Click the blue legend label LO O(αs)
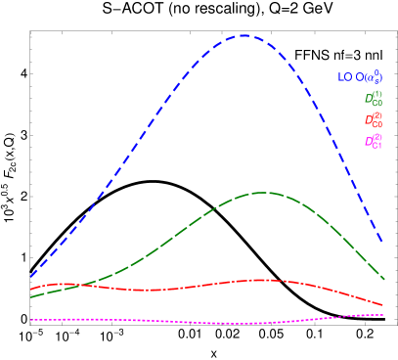[x=360, y=76]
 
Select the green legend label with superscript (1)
[x=374, y=99]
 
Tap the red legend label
[x=374, y=120]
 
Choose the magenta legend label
[x=374, y=142]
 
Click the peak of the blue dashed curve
[x=243, y=35]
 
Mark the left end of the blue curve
[x=31, y=276]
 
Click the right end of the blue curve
[x=382, y=243]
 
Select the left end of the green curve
[x=31, y=296]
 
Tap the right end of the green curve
[x=383, y=280]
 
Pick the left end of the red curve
[x=31, y=290]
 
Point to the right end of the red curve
[x=383, y=305]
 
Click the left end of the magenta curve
[x=31, y=320]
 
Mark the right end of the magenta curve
[x=383, y=315]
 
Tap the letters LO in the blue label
[x=344, y=77]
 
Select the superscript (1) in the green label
[x=377, y=94]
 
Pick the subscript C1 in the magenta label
[x=377, y=146]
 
